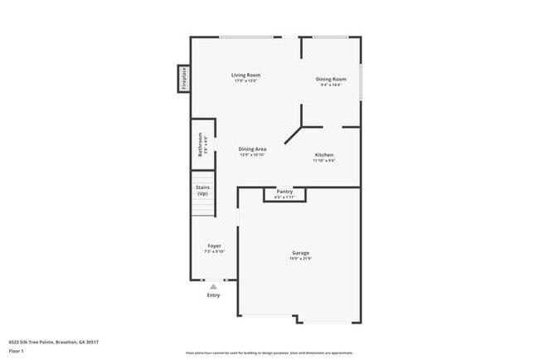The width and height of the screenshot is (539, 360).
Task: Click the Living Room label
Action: (246, 75)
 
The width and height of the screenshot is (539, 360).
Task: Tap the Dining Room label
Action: (329, 80)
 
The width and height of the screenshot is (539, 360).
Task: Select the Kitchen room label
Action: (323, 155)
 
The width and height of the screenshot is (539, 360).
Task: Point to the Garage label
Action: (300, 252)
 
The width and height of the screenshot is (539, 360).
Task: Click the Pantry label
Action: (284, 192)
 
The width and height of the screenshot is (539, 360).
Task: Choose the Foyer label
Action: (214, 246)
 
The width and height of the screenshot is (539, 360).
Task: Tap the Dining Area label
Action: (253, 149)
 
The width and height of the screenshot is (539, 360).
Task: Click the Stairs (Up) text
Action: (202, 190)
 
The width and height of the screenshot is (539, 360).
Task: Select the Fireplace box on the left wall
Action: (184, 80)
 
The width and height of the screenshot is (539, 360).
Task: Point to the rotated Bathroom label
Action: (200, 144)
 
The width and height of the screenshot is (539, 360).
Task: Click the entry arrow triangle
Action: (213, 286)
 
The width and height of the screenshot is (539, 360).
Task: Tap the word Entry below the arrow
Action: (213, 295)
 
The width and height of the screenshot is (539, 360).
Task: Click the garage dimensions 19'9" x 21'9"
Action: (300, 258)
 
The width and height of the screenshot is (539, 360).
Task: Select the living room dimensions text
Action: (246, 81)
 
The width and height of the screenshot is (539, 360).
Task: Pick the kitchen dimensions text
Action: (323, 161)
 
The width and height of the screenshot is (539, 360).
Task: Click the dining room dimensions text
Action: (329, 85)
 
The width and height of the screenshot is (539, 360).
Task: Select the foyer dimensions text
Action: (214, 251)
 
